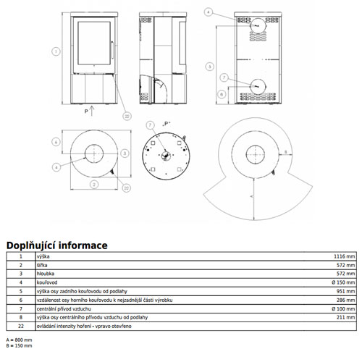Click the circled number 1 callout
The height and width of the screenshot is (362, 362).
[x=56, y=51]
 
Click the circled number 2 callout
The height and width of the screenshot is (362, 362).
[x=94, y=185]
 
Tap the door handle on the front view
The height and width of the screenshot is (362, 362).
[x=112, y=50]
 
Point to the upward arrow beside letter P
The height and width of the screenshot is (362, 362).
[x=92, y=111]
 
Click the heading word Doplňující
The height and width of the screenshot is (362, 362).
[x=31, y=245]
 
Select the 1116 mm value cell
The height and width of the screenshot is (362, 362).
[x=344, y=256]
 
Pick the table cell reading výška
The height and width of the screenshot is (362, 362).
[x=43, y=256]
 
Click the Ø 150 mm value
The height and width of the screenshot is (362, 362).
[x=343, y=282]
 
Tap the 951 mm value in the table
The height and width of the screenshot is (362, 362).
[x=345, y=291]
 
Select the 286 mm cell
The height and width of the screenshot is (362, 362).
[x=345, y=300]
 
